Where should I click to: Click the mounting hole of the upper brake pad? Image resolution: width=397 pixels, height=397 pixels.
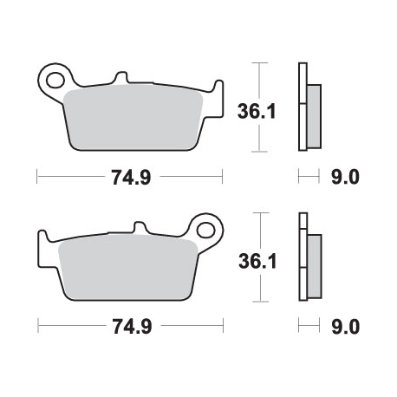pos(55,80)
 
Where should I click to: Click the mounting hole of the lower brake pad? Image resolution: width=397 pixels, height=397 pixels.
pos(206,230)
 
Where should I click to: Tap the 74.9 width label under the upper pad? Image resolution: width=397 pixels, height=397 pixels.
pos(130,178)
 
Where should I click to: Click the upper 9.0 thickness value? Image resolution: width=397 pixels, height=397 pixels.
pos(344,178)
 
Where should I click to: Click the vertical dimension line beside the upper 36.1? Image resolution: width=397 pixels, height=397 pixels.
pos(257,107)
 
